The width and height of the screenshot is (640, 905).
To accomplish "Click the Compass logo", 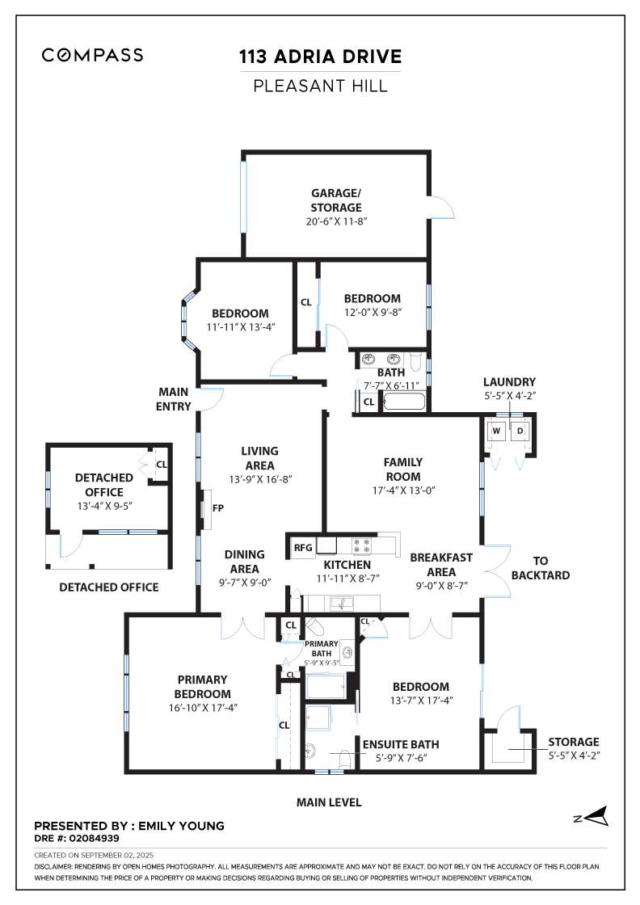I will coord(93,55).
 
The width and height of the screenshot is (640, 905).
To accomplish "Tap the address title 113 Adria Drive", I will coord(320,57).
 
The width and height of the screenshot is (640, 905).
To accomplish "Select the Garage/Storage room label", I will coord(336,200).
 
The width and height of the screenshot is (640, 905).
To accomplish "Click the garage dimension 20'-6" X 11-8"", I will coord(336,221).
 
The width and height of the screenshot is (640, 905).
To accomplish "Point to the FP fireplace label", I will coord(217,508).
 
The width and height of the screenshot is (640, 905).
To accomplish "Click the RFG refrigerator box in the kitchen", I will coord(303,548).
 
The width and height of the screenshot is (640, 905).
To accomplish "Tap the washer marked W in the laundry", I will coord(497,431).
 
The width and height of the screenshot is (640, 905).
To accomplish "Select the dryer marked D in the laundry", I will coord(520,431).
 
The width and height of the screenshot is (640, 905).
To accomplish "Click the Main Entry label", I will coord(175,399).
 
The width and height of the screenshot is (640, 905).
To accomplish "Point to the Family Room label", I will coord(403,469).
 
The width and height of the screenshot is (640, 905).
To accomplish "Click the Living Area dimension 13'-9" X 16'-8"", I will coord(259,478).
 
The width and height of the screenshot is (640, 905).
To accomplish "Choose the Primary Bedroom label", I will coord(203,687).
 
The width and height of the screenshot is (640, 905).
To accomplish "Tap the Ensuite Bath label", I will coord(402,744).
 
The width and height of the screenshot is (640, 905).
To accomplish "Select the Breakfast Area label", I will coord(441,564).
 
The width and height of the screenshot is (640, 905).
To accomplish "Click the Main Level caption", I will coord(328,802).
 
